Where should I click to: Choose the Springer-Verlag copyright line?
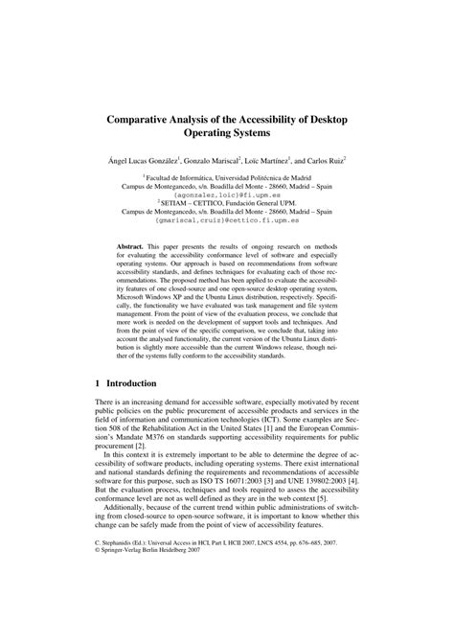152,605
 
